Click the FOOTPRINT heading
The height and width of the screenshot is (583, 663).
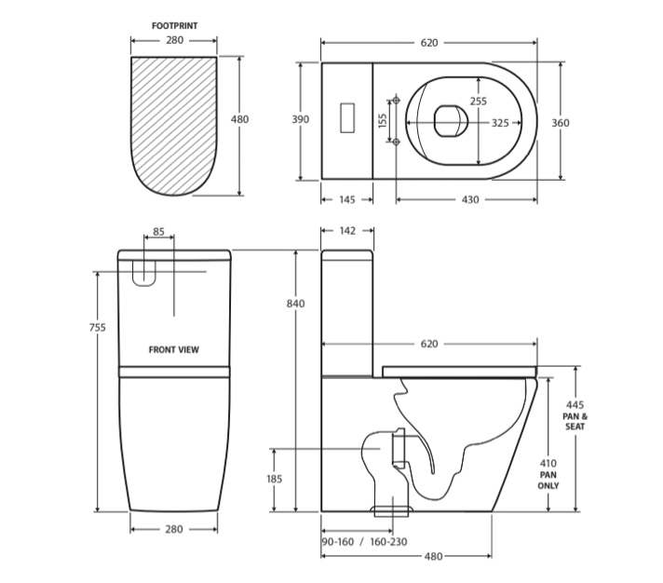pyautogui.click(x=175, y=26)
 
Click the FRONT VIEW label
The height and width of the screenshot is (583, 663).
pyautogui.click(x=174, y=349)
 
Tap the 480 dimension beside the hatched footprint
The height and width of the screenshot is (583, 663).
pyautogui.click(x=239, y=119)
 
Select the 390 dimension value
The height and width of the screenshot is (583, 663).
pyautogui.click(x=300, y=119)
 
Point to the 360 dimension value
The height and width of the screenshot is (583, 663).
pyautogui.click(x=561, y=123)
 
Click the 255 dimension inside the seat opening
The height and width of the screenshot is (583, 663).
pyautogui.click(x=479, y=101)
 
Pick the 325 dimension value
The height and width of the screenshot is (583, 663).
pyautogui.click(x=500, y=123)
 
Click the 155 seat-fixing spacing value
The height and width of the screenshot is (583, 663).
pyautogui.click(x=382, y=121)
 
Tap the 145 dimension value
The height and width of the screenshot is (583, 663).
pyautogui.click(x=347, y=199)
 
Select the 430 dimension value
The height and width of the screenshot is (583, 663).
pyautogui.click(x=470, y=199)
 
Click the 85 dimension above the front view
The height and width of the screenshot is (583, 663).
pyautogui.click(x=158, y=232)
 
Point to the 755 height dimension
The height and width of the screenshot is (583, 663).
pyautogui.click(x=97, y=327)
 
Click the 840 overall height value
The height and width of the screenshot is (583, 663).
pyautogui.click(x=295, y=304)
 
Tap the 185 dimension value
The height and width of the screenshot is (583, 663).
pyautogui.click(x=274, y=479)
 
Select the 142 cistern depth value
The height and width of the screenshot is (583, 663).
pyautogui.click(x=347, y=231)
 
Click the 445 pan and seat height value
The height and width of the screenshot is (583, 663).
pyautogui.click(x=575, y=404)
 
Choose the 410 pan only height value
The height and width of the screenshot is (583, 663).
pyautogui.click(x=548, y=463)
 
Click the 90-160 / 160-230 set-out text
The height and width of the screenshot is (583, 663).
pyautogui.click(x=364, y=542)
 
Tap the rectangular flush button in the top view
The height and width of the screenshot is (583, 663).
pyautogui.click(x=347, y=117)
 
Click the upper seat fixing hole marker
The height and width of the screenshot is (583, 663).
pyautogui.click(x=396, y=101)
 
